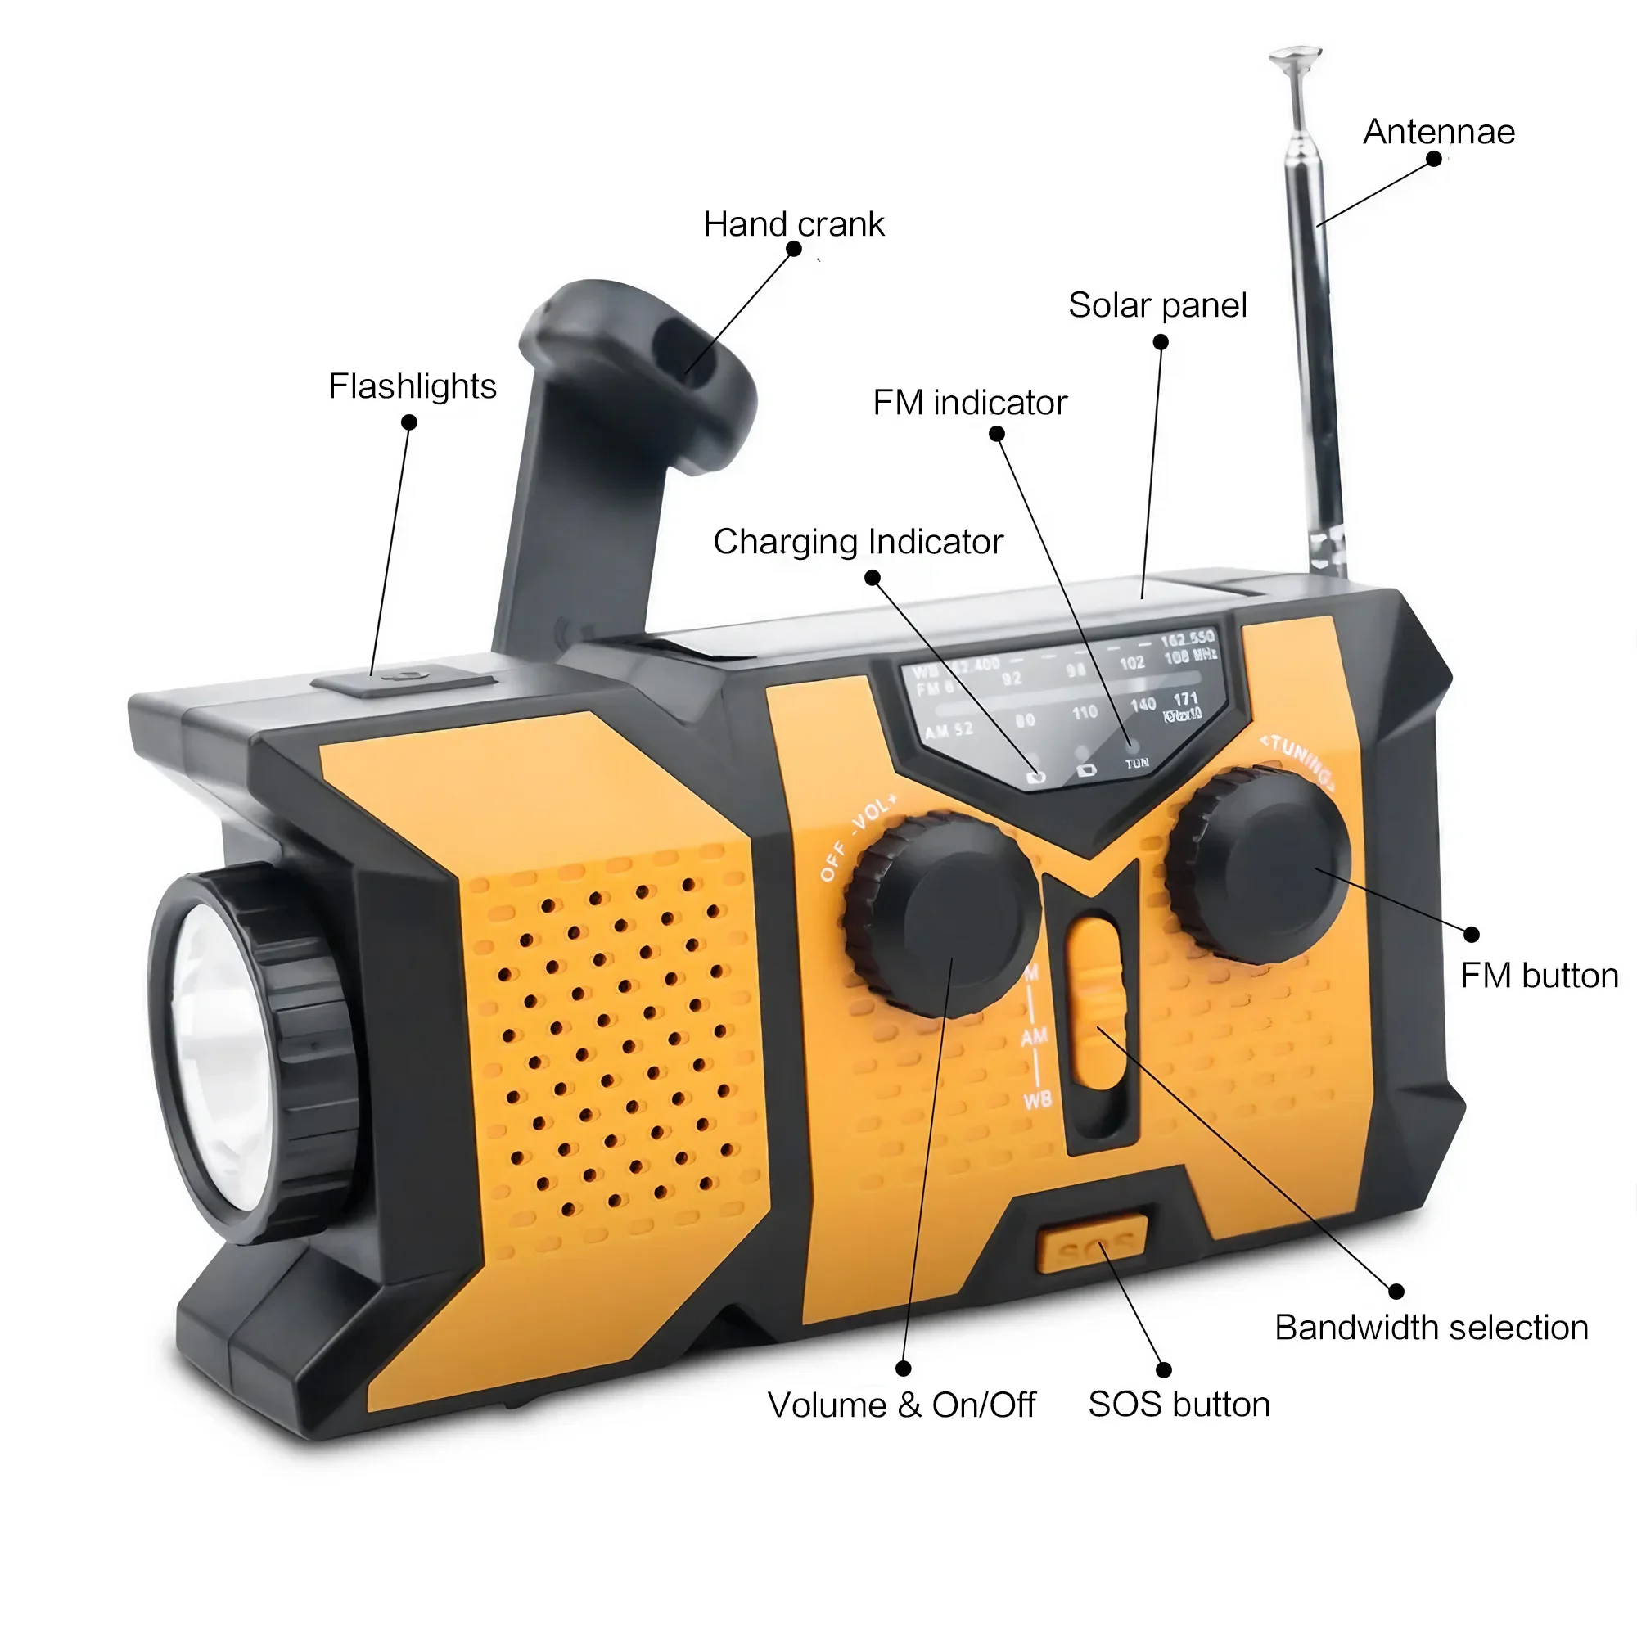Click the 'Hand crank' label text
(x=793, y=224)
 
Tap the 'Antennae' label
(x=1439, y=132)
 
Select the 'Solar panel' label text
(x=1157, y=305)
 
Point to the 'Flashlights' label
(x=412, y=386)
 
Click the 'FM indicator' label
(x=969, y=403)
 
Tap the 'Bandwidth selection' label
(x=1431, y=1328)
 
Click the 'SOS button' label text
(x=1179, y=1405)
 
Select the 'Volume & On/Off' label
(x=900, y=1405)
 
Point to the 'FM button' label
(x=1540, y=976)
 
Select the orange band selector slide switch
(x=1097, y=1004)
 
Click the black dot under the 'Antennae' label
(x=1434, y=160)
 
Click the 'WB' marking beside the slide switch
(x=1037, y=1101)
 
